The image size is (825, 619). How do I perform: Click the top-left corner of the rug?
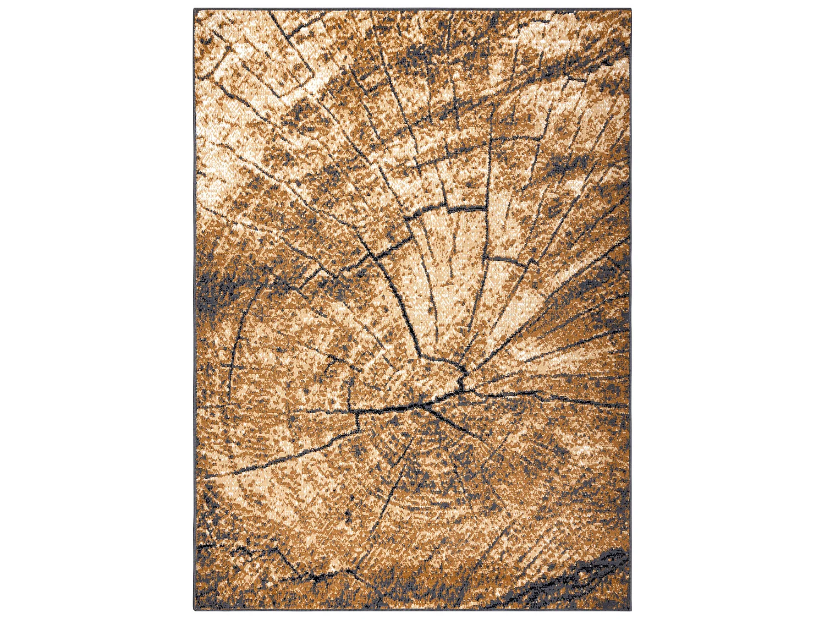point(194,9)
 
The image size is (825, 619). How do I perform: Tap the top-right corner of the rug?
point(630,9)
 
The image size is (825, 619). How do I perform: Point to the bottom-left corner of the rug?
point(194,610)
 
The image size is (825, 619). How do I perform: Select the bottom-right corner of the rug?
point(630,610)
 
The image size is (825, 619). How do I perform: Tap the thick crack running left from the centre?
point(385,409)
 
